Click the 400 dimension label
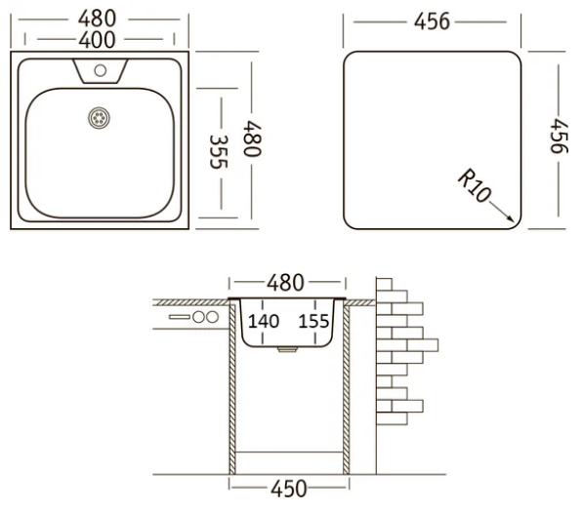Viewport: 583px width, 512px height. click(97, 40)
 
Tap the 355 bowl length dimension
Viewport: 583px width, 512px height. click(218, 152)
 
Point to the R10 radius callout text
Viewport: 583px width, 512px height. click(474, 185)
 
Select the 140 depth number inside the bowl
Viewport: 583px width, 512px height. click(264, 321)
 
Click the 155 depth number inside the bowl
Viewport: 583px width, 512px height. click(313, 321)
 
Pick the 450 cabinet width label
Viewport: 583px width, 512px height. click(289, 489)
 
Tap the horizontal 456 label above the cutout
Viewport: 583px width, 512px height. click(432, 21)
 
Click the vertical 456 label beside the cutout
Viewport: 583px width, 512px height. click(560, 136)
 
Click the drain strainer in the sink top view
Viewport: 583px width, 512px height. click(99, 118)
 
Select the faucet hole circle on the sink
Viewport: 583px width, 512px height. click(101, 70)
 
